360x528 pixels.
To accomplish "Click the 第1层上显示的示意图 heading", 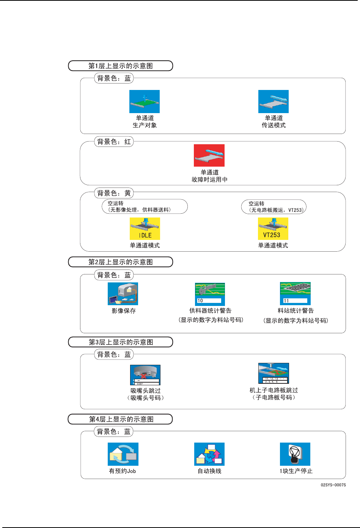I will pos(120,66).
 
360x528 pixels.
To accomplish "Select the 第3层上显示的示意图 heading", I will pos(121,342).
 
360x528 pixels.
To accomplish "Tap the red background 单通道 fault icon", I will pos(209,155).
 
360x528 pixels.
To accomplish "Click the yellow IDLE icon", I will pos(145,229).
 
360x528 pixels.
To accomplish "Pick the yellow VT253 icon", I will pos(273,229).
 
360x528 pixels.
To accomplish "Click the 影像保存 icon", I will pos(123,293).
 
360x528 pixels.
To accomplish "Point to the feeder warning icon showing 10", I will pos(210,294).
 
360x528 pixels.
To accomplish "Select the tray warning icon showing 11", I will pos(295,293).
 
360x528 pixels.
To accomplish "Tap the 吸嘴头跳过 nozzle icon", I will pos(145,375).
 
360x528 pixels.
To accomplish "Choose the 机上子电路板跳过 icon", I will pos(274,373).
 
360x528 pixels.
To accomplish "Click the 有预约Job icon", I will pos(123,454).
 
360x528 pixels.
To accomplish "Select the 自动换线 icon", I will pos(209,454).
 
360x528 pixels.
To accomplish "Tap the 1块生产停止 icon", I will pos(295,454).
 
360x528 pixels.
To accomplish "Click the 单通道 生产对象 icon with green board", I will pos(144,101).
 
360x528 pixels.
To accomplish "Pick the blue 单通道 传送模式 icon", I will pos(273,101).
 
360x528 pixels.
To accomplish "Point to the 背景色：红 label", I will pos(114,142).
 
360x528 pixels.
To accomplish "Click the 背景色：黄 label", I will pos(114,193).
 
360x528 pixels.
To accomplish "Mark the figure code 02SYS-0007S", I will pos(333,485).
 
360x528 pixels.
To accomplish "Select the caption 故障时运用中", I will pos(209,180).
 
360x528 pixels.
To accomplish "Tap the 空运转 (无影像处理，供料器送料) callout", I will pos(145,206).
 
